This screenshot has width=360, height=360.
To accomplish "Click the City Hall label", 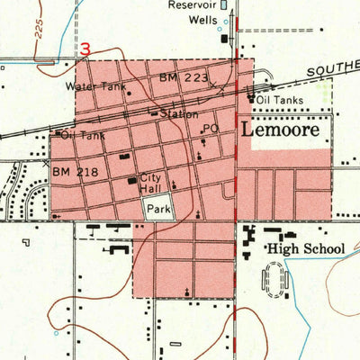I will (150, 182).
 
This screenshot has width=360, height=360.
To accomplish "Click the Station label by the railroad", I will (180, 114).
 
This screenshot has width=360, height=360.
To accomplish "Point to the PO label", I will (211, 129).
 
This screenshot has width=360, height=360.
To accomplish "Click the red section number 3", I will (85, 50).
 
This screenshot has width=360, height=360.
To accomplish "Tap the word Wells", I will (203, 17).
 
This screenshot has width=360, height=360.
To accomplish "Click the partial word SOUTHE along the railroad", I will (333, 70).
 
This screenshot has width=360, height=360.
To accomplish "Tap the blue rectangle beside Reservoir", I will (225, 4).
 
